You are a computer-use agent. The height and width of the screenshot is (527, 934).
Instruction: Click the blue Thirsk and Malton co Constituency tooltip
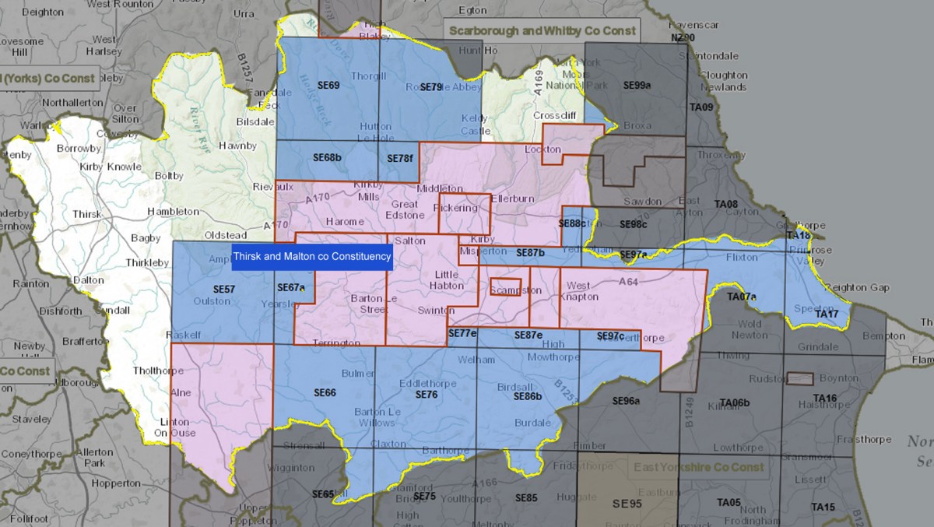[x=312, y=256]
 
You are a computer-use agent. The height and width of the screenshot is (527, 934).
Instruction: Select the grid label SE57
[x=224, y=290]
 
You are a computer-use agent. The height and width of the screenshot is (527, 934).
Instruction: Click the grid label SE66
[x=325, y=393]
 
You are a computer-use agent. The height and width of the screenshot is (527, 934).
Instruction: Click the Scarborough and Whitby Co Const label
[x=542, y=31]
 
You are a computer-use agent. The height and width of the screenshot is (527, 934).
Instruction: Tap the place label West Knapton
[x=582, y=291]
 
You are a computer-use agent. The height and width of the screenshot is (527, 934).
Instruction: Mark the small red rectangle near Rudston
[x=800, y=378]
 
